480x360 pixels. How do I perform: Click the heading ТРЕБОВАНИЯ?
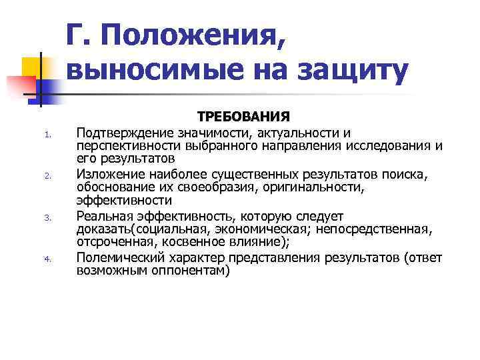coord(243,117)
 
